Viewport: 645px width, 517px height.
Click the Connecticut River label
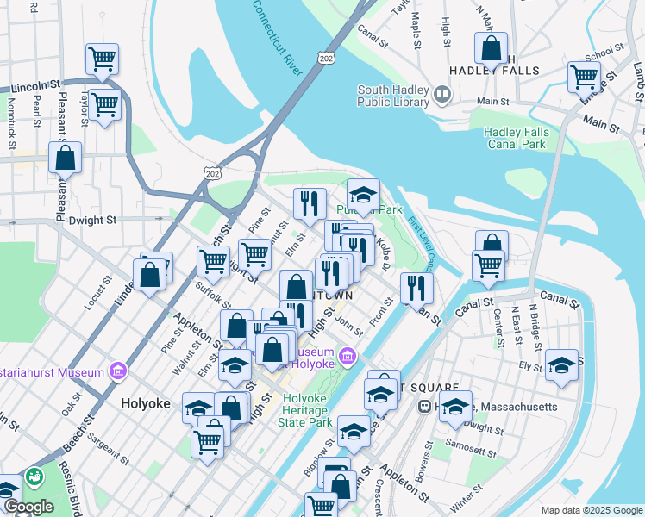pyautogui.click(x=279, y=37)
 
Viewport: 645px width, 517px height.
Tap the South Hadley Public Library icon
pyautogui.click(x=442, y=93)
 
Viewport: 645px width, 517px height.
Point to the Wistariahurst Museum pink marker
pyautogui.click(x=119, y=372)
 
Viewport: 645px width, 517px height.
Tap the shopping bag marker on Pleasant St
pyautogui.click(x=65, y=159)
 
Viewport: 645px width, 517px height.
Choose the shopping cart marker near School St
pyautogui.click(x=584, y=77)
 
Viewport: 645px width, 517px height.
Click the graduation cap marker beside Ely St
pyautogui.click(x=561, y=364)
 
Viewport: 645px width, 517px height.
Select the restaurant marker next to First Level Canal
pyautogui.click(x=417, y=288)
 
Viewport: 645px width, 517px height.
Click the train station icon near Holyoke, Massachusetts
pyautogui.click(x=424, y=406)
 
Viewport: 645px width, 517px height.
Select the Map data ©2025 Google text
pyautogui.click(x=592, y=510)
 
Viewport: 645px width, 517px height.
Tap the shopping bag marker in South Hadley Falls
pyautogui.click(x=491, y=51)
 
